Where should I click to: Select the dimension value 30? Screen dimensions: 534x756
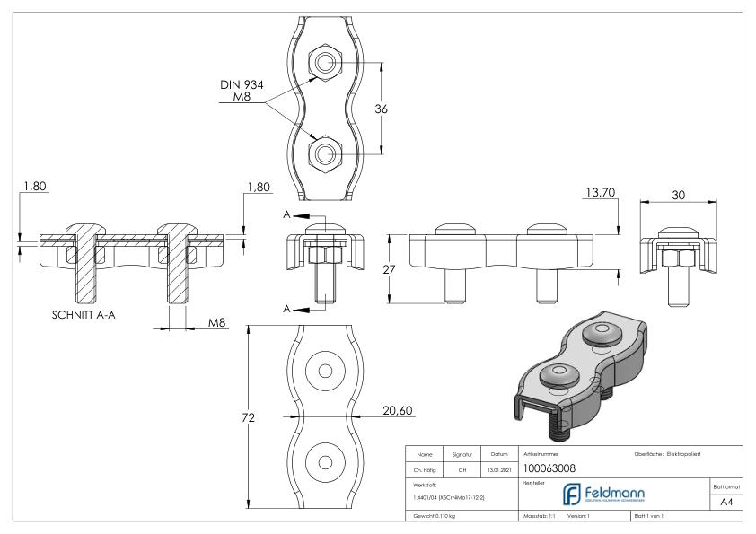[x=679, y=195]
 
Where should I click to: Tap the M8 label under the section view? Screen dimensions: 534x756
[x=217, y=322]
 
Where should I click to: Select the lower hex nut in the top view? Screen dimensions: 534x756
[x=322, y=153]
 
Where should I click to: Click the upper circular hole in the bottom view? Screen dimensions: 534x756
[x=324, y=371]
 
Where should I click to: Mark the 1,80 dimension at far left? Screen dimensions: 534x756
[x=31, y=188]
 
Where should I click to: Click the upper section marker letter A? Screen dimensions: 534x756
[x=286, y=216]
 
